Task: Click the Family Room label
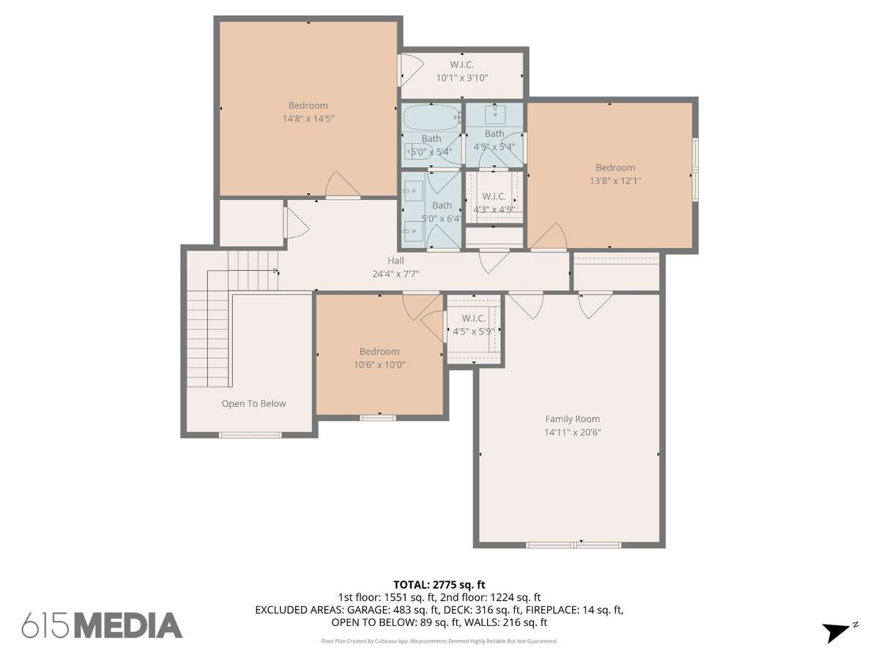tap(572, 419)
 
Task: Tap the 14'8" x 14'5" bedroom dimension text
tap(308, 119)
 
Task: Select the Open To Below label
tap(254, 403)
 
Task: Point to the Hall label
tap(396, 261)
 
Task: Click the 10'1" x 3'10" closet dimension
tap(461, 78)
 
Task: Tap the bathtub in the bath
tap(431, 118)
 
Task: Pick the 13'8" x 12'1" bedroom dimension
tap(615, 181)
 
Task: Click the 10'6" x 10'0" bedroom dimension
tap(379, 365)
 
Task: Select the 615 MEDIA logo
tap(102, 625)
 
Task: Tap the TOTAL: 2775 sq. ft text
tap(439, 585)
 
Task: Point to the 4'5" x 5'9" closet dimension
tap(474, 332)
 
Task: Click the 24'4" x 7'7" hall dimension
tap(396, 274)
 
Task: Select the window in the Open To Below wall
tap(251, 435)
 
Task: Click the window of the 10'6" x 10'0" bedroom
tap(378, 418)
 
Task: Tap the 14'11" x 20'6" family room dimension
tap(572, 432)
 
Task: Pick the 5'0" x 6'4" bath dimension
tap(441, 218)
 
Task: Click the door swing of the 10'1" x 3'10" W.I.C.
tap(412, 70)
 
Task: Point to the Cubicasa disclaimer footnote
tap(439, 641)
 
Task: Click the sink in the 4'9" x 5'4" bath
tap(495, 114)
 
